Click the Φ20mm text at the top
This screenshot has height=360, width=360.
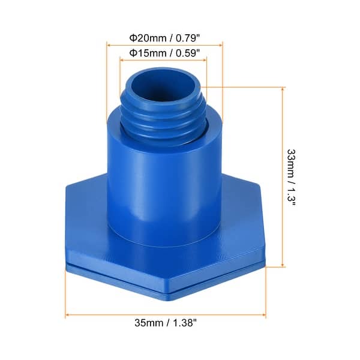[145, 37]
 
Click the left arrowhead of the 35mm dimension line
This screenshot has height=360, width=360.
[68, 314]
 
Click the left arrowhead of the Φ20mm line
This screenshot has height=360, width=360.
[109, 44]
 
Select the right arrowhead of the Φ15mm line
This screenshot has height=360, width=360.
[205, 59]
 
